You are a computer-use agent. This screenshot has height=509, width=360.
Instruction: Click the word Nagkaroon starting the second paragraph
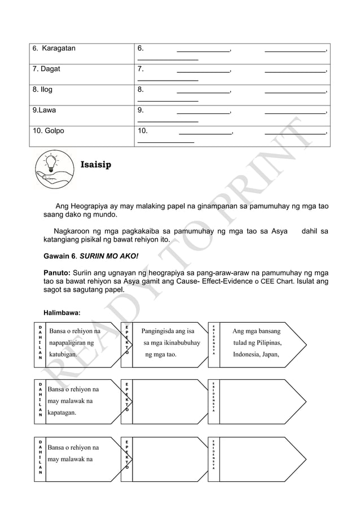[73, 231]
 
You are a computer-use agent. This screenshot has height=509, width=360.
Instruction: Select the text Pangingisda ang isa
[168, 331]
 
